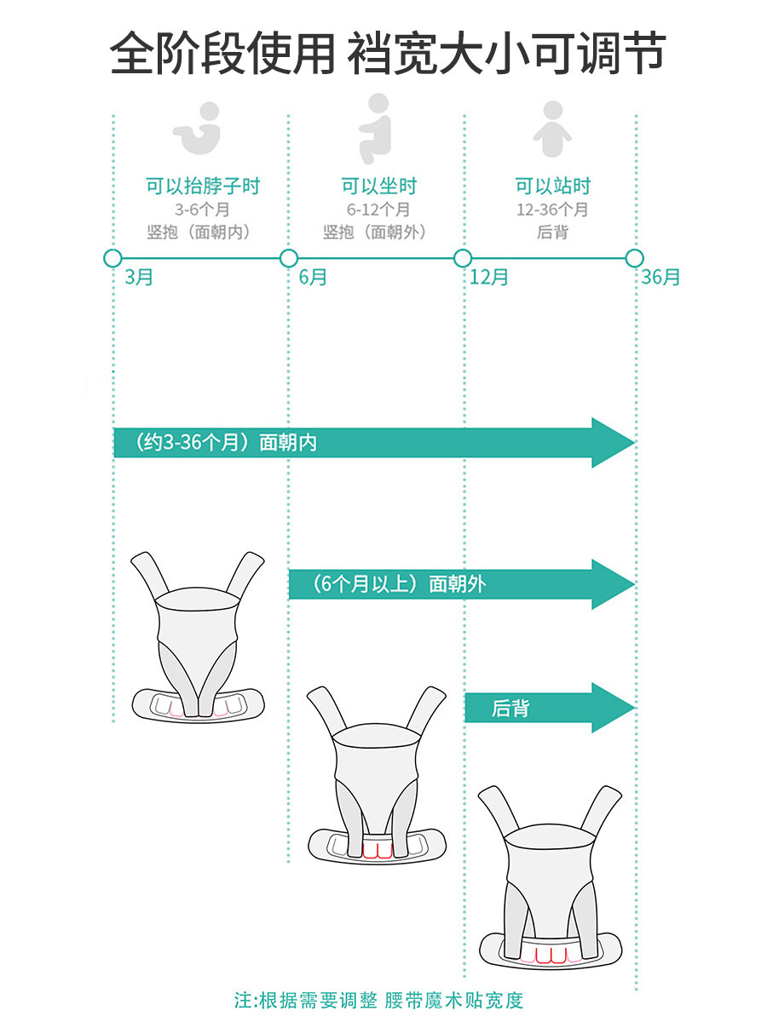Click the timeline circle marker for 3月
[x=112, y=258]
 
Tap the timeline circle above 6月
[x=289, y=258]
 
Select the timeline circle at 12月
[x=463, y=258]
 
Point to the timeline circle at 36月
[x=634, y=258]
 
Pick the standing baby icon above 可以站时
[x=552, y=129]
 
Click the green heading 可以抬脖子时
[x=202, y=186]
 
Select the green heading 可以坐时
[x=378, y=186]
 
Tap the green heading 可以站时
[x=552, y=186]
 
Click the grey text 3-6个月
[x=202, y=210]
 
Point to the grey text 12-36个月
[x=552, y=210]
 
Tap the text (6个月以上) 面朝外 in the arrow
[x=399, y=584]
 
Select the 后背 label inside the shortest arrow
[x=510, y=708]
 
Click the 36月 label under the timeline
[x=661, y=278]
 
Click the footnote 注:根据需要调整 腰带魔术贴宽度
[x=378, y=999]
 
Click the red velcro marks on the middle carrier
[x=377, y=850]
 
